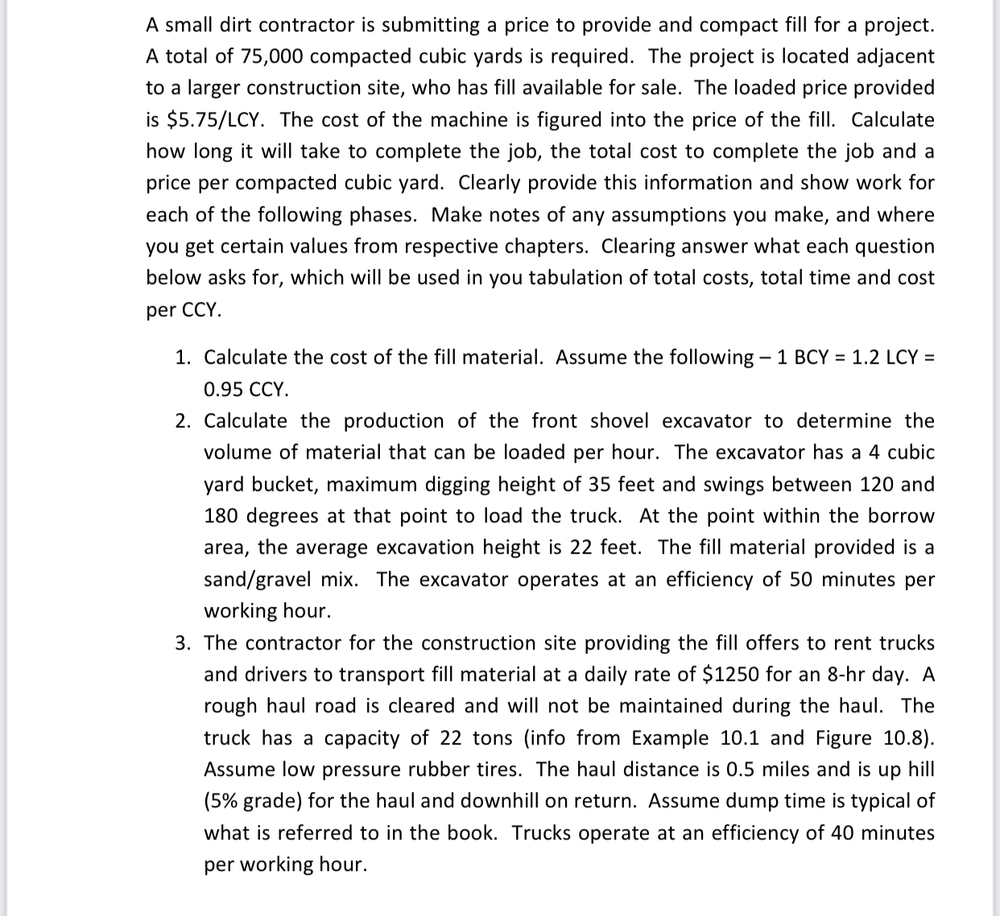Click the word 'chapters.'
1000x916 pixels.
coord(550,246)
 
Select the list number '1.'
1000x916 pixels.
coord(184,357)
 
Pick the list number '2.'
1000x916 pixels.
coord(184,421)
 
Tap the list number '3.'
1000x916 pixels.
coord(184,643)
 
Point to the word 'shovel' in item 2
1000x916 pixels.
coord(620,421)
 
